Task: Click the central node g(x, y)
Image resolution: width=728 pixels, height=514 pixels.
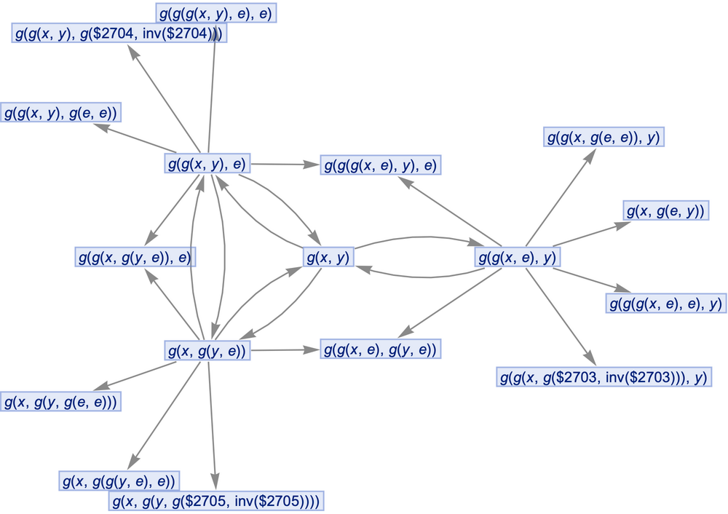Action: [x=328, y=257]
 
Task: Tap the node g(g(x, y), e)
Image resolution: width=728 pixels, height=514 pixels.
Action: [x=208, y=164]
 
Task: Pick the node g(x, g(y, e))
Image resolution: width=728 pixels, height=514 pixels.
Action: [x=208, y=351]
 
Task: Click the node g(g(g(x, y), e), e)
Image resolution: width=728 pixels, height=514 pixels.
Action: [x=216, y=13]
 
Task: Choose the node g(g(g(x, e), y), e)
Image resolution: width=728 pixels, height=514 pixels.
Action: [x=381, y=165]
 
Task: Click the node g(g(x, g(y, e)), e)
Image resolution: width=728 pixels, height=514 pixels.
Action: [x=136, y=257]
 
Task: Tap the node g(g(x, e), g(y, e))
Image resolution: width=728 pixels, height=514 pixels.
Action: [x=381, y=350]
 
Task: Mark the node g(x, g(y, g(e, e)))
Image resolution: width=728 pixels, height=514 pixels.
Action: [x=60, y=401]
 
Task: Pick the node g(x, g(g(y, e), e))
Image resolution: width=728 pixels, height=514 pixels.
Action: [x=119, y=481]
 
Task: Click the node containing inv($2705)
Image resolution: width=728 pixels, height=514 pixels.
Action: [x=216, y=502]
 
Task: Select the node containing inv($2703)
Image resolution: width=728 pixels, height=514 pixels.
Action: [x=604, y=378]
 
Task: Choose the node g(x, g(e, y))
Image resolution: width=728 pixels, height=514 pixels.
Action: [x=666, y=211]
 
